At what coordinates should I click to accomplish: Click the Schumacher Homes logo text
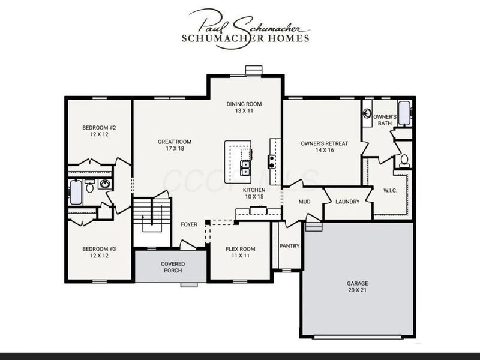click(x=245, y=38)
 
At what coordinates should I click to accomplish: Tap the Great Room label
click(x=175, y=142)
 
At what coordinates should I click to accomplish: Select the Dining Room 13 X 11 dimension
click(x=244, y=110)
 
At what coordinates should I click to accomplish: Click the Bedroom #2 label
click(x=99, y=128)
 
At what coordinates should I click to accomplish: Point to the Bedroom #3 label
click(x=99, y=249)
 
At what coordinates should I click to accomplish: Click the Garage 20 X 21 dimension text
click(x=357, y=290)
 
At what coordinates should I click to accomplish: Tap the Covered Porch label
click(x=173, y=267)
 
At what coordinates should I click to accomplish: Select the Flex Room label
click(x=241, y=249)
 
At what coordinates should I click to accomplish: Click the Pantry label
click(x=289, y=246)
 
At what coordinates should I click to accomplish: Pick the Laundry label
click(x=347, y=202)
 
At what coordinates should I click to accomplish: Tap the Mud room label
click(x=304, y=202)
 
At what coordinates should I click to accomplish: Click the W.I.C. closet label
click(x=391, y=190)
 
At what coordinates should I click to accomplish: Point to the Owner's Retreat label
click(x=325, y=143)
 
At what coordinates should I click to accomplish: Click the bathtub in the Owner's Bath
click(x=404, y=113)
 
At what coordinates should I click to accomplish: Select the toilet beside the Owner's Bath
click(x=404, y=161)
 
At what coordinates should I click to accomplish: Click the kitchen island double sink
click(x=245, y=168)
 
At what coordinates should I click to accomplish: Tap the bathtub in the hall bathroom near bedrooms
click(x=76, y=192)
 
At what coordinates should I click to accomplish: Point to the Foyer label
click(x=189, y=224)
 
